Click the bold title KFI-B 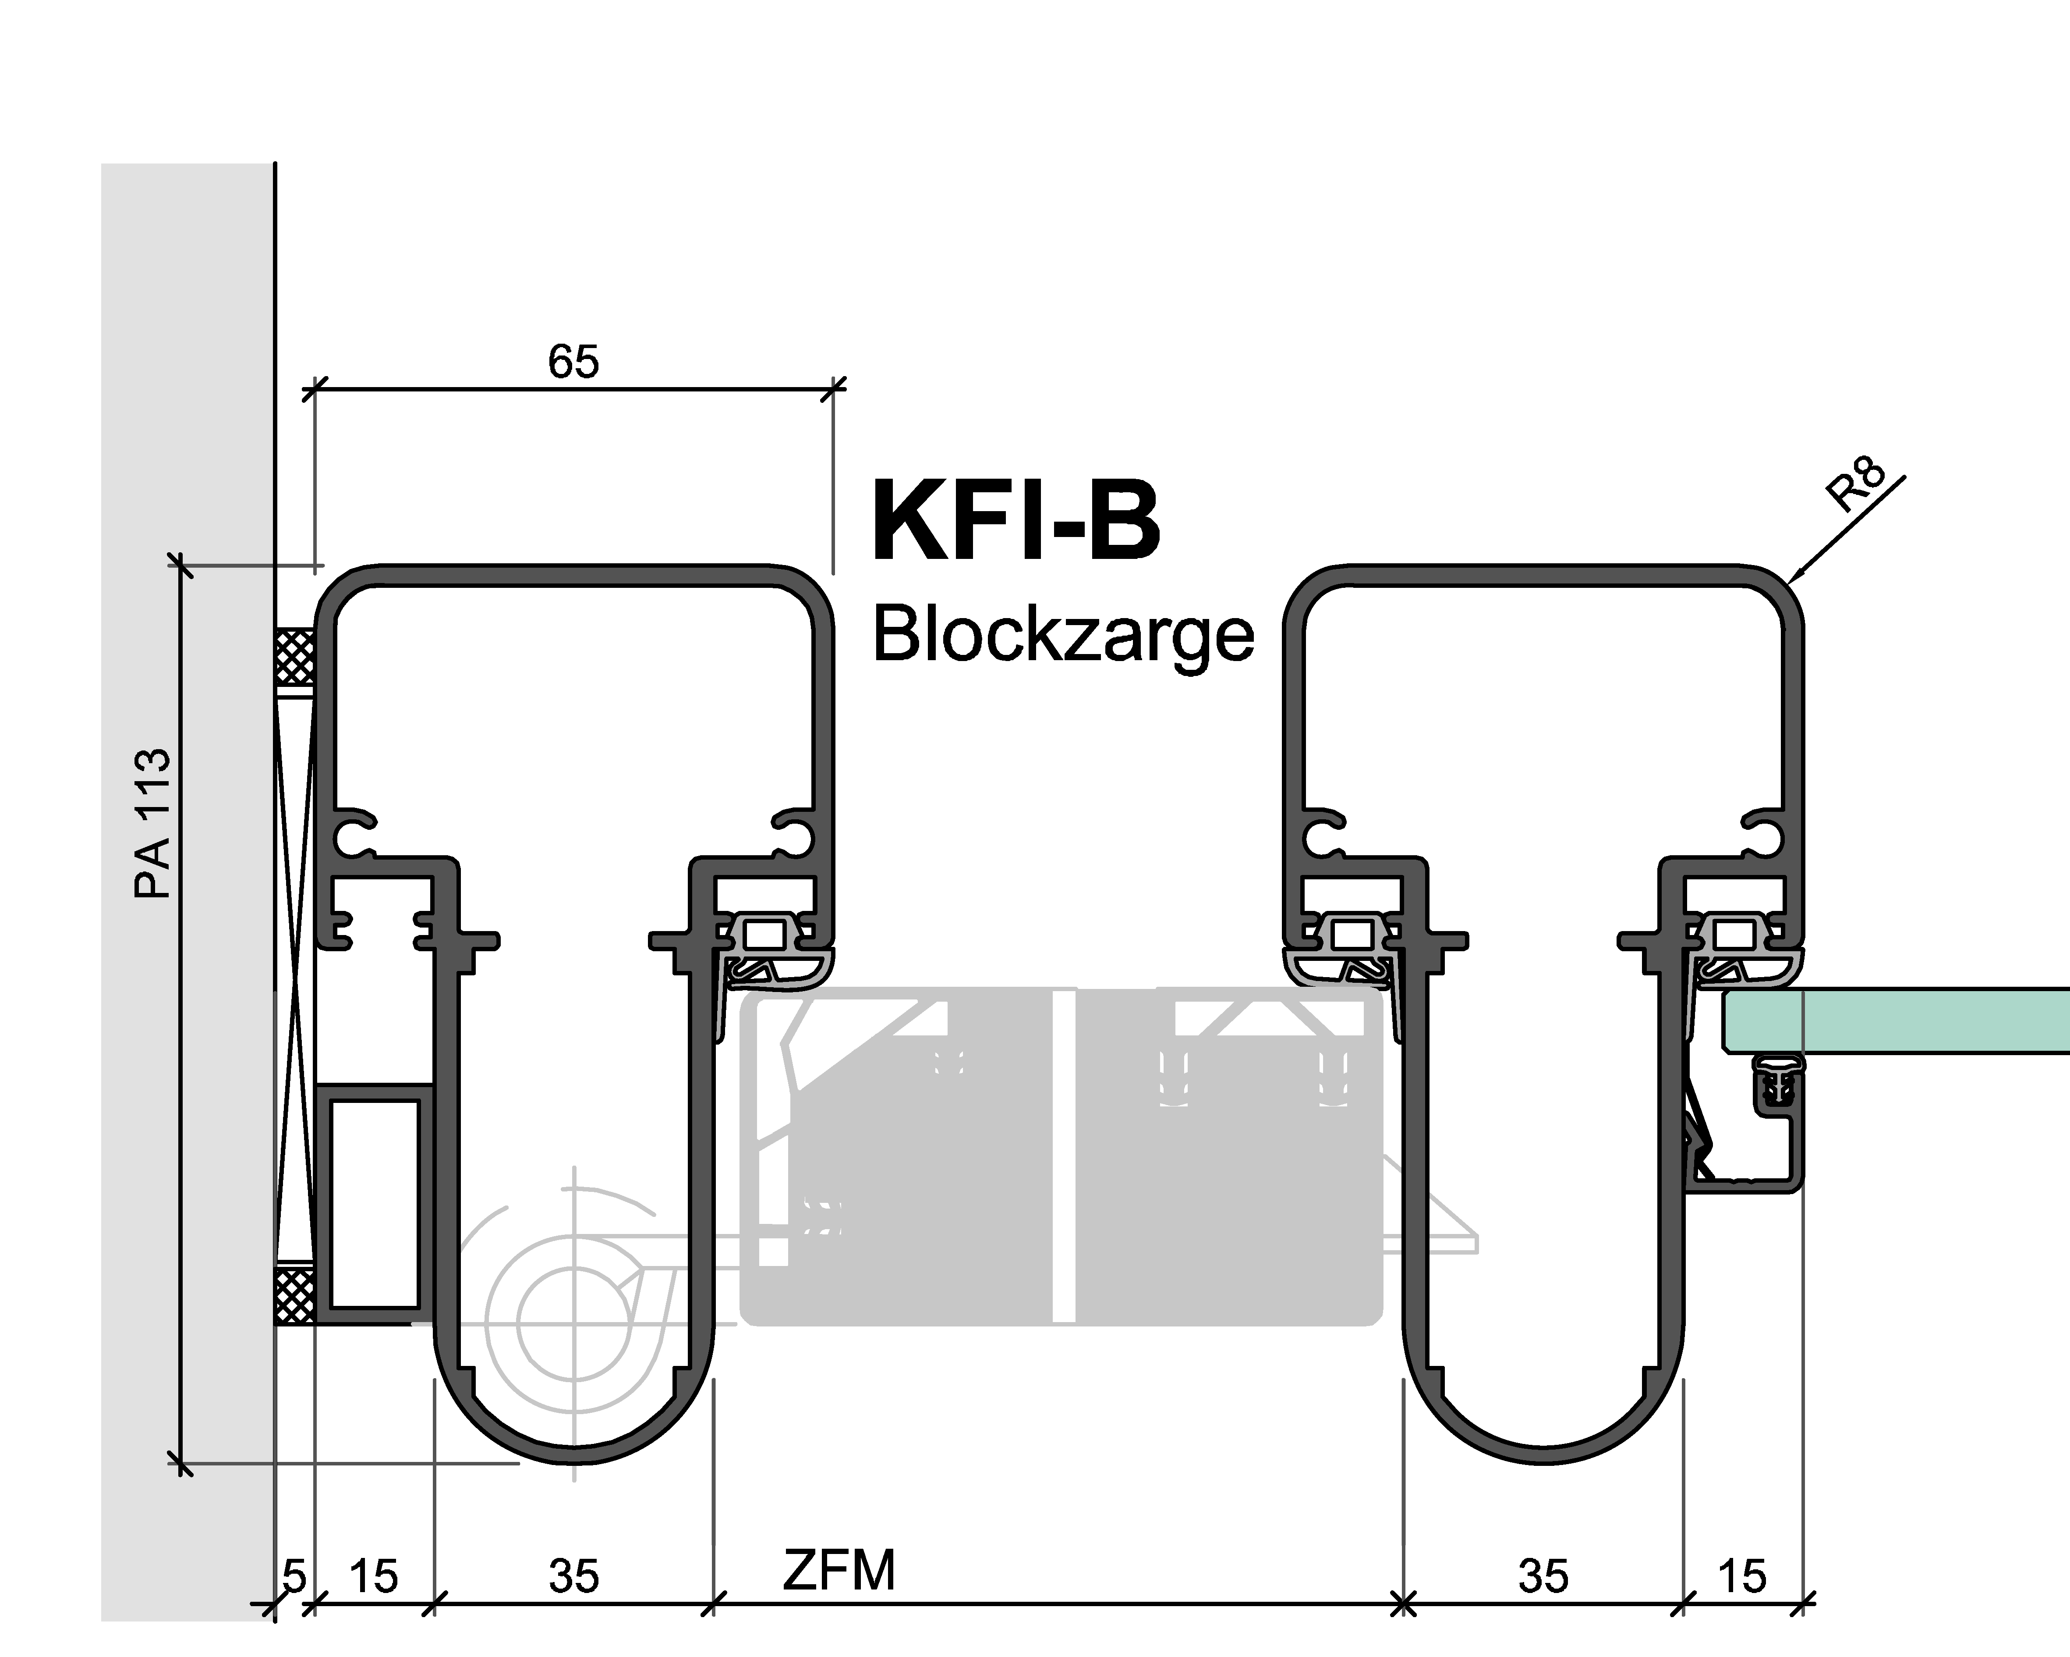click(x=1016, y=522)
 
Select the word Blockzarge click(x=1063, y=636)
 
